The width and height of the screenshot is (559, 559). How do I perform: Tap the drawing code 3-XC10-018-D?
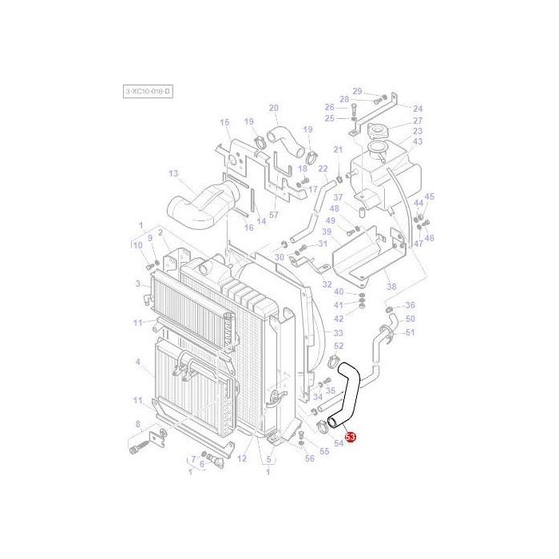click(x=148, y=92)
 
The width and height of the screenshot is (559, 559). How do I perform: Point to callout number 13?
click(x=172, y=173)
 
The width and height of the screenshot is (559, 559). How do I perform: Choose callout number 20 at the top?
click(x=273, y=108)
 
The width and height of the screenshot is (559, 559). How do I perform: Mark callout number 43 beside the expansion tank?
click(x=418, y=141)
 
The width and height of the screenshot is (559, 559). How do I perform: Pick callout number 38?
click(x=391, y=287)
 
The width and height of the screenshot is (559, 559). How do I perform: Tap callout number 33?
click(x=338, y=333)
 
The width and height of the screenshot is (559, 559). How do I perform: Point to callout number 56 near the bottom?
click(x=310, y=458)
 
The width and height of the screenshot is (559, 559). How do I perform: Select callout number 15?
click(x=224, y=122)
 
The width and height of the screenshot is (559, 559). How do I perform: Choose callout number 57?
click(x=273, y=216)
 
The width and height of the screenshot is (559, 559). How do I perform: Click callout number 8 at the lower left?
click(x=137, y=424)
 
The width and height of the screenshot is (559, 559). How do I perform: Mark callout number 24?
click(x=418, y=109)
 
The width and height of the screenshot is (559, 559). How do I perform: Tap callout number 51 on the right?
click(x=410, y=332)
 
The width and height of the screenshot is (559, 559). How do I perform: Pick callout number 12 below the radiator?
click(x=242, y=458)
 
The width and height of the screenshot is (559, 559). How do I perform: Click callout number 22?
click(x=323, y=168)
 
